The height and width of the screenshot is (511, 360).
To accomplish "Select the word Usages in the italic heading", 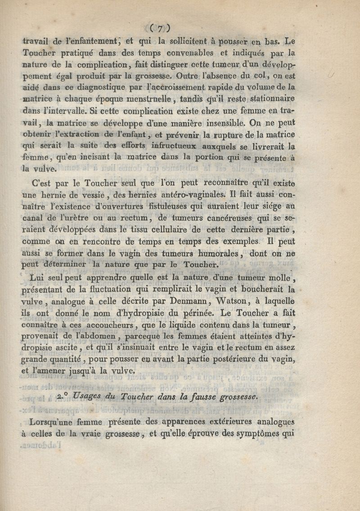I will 87,397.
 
